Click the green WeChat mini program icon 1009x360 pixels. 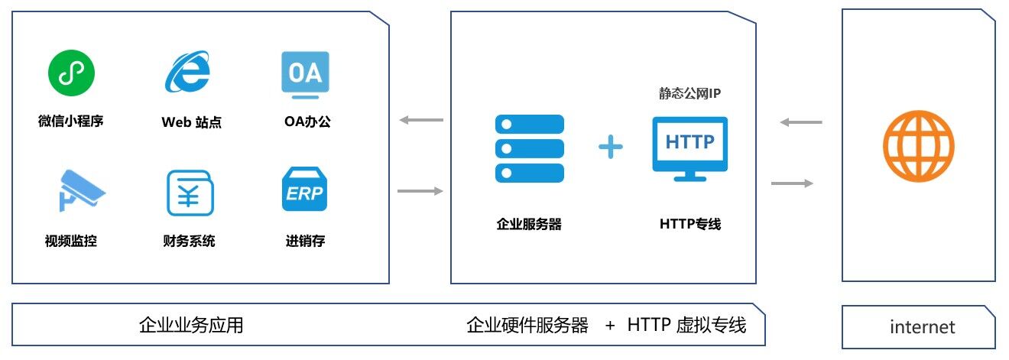pyautogui.click(x=71, y=74)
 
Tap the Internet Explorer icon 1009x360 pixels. pyautogui.click(x=188, y=74)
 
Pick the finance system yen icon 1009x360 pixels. pyautogui.click(x=190, y=193)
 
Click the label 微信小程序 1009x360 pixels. pyautogui.click(x=70, y=122)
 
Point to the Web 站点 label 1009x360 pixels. pyautogui.click(x=191, y=122)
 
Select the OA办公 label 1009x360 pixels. pyautogui.click(x=305, y=122)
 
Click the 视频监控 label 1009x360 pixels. pyautogui.click(x=71, y=242)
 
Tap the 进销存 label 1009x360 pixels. pyautogui.click(x=305, y=242)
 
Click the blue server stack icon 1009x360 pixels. pyautogui.click(x=530, y=148)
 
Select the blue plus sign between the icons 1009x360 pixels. pyautogui.click(x=611, y=147)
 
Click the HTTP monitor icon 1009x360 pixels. pyautogui.click(x=689, y=148)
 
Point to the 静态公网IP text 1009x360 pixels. pyautogui.click(x=690, y=94)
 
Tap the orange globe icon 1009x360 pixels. pyautogui.click(x=918, y=146)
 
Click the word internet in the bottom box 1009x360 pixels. pyautogui.click(x=923, y=327)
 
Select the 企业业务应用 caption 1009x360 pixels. pyautogui.click(x=191, y=325)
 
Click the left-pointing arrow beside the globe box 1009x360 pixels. pyautogui.click(x=801, y=122)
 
